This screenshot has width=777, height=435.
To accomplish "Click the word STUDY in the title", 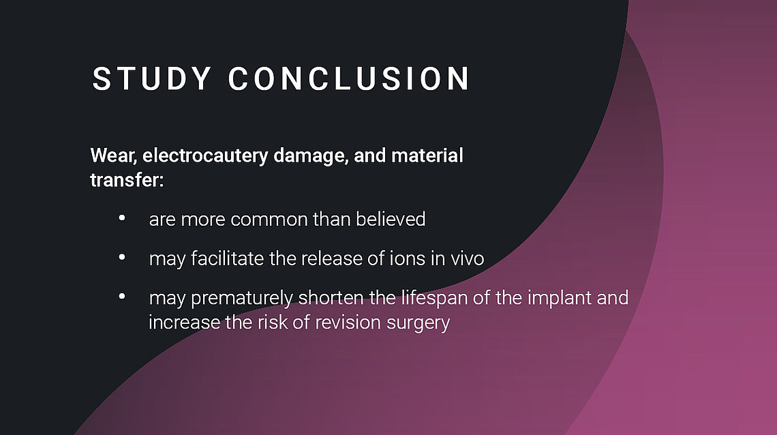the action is (152, 79).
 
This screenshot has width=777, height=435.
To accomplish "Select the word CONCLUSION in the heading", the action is (349, 79).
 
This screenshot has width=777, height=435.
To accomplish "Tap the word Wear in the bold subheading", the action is (113, 155).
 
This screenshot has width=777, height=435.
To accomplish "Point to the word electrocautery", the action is (206, 156).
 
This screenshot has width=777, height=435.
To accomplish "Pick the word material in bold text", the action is (427, 155).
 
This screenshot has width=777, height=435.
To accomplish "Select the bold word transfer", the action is (127, 180).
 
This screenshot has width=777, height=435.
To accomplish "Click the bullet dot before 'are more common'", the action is (122, 217).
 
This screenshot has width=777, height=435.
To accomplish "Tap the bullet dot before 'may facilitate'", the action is (122, 257).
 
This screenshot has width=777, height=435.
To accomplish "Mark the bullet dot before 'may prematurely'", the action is (122, 297).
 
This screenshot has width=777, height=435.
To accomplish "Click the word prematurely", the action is (242, 299).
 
